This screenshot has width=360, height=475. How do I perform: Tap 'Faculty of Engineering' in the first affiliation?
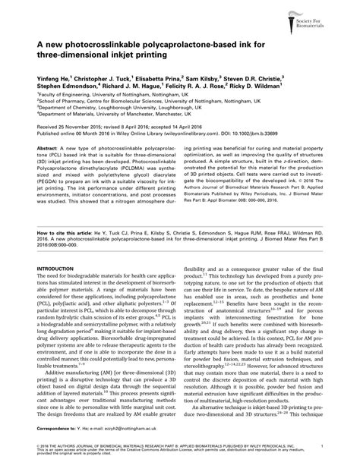pos(62,93)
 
